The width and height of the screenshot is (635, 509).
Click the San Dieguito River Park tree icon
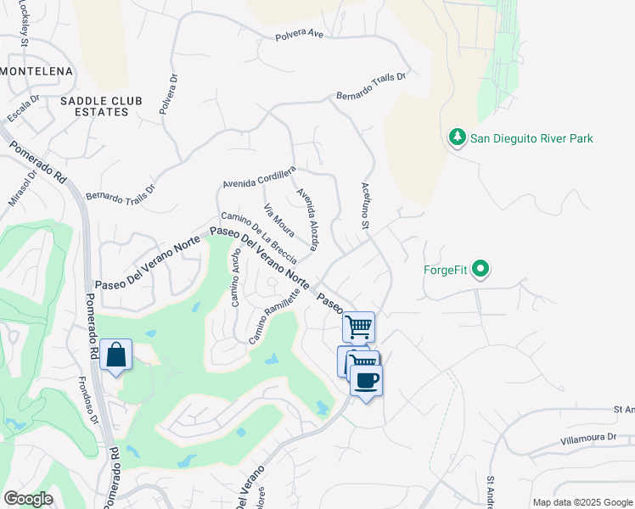tap(457, 137)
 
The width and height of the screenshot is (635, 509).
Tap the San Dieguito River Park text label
tap(531, 138)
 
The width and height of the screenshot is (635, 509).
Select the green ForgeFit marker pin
tap(481, 271)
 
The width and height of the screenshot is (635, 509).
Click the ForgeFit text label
tap(446, 271)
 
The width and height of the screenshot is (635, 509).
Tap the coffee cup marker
tap(366, 380)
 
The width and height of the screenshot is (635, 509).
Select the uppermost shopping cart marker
tap(359, 327)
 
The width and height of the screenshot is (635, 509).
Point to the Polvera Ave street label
tap(300, 36)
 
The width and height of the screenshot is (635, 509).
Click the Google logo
tap(28, 499)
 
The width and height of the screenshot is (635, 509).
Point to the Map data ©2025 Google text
tap(582, 502)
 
